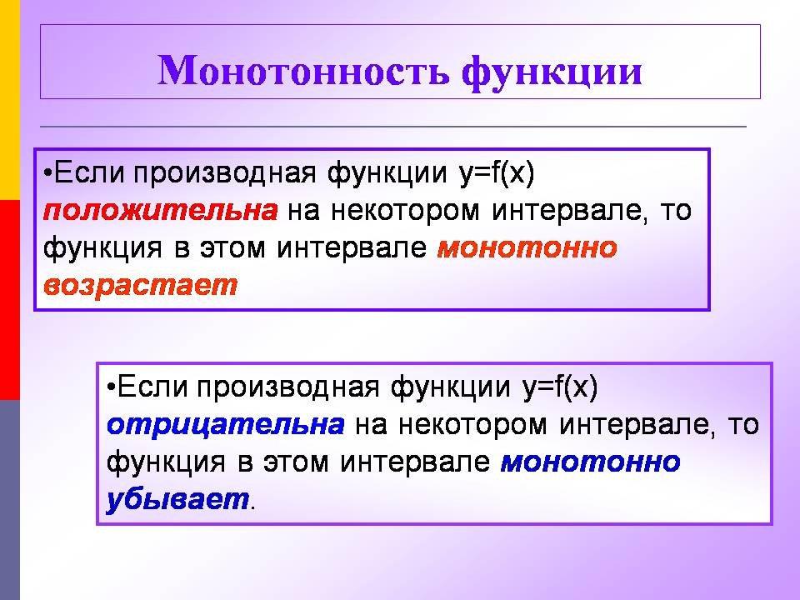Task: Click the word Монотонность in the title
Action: click(x=304, y=70)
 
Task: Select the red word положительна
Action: click(x=161, y=211)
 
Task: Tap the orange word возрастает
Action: click(x=141, y=286)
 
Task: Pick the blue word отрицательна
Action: click(x=226, y=424)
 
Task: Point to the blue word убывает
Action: click(x=177, y=499)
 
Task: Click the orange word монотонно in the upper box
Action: click(x=527, y=248)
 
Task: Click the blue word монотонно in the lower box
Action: click(x=591, y=462)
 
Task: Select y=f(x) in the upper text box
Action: click(x=497, y=173)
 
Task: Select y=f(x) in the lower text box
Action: click(x=560, y=387)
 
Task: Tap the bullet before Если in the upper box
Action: click(x=48, y=172)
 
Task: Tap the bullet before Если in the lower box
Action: click(x=111, y=386)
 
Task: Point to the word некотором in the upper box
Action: click(x=406, y=211)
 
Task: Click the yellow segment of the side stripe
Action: click(x=10, y=99)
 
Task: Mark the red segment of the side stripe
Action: click(x=10, y=299)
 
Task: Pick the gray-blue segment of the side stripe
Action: click(x=10, y=500)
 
